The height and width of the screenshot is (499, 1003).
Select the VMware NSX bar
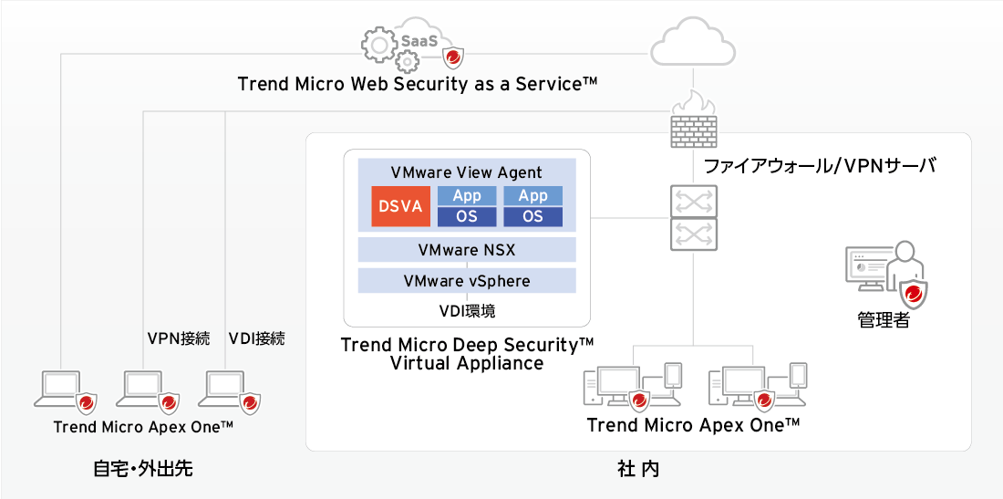pyautogui.click(x=467, y=249)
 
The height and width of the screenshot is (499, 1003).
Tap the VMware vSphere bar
pyautogui.click(x=467, y=280)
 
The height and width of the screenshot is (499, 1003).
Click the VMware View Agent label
pyautogui.click(x=467, y=172)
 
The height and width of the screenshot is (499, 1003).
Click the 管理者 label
pyautogui.click(x=884, y=320)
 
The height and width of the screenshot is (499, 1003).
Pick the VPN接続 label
pyautogui.click(x=179, y=338)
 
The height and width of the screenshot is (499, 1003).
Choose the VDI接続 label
pyautogui.click(x=256, y=338)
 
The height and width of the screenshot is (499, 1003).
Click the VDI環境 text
pyautogui.click(x=467, y=311)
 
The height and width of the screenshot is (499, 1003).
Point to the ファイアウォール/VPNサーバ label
pyautogui.click(x=820, y=166)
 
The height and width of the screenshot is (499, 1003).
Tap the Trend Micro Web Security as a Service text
pyautogui.click(x=418, y=84)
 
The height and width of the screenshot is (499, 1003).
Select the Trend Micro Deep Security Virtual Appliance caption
pyautogui.click(x=467, y=354)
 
